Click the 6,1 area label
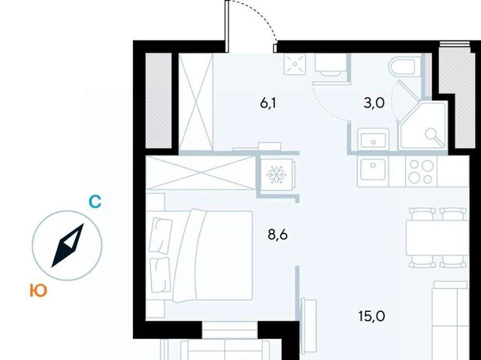pyautogui.click(x=268, y=104)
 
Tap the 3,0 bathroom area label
pyautogui.click(x=374, y=103)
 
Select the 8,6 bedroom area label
pyautogui.click(x=277, y=235)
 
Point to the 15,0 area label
pyautogui.click(x=372, y=316)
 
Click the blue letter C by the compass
pyautogui.click(x=95, y=202)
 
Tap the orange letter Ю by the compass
pyautogui.click(x=38, y=290)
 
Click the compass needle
pyautogui.click(x=68, y=245)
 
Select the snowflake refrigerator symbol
pyautogui.click(x=277, y=175)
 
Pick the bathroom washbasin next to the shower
pyautogui.click(x=374, y=140)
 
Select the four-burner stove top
pyautogui.click(x=421, y=171)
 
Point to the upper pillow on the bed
pyautogui.click(x=160, y=235)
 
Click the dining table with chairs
pyautogui.click(x=437, y=237)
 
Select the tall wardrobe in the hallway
pyautogui.click(x=195, y=101)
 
